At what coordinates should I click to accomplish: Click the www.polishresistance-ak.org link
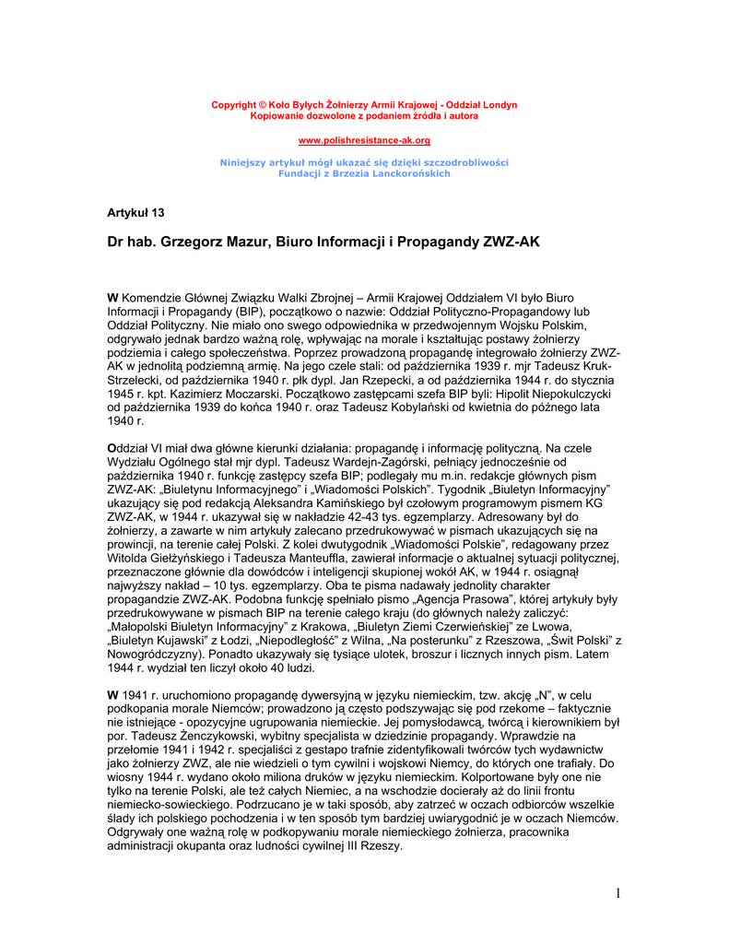click(364, 140)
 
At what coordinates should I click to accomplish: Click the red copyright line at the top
click(364, 104)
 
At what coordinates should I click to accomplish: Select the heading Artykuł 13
click(135, 213)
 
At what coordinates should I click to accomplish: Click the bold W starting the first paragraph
click(113, 298)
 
